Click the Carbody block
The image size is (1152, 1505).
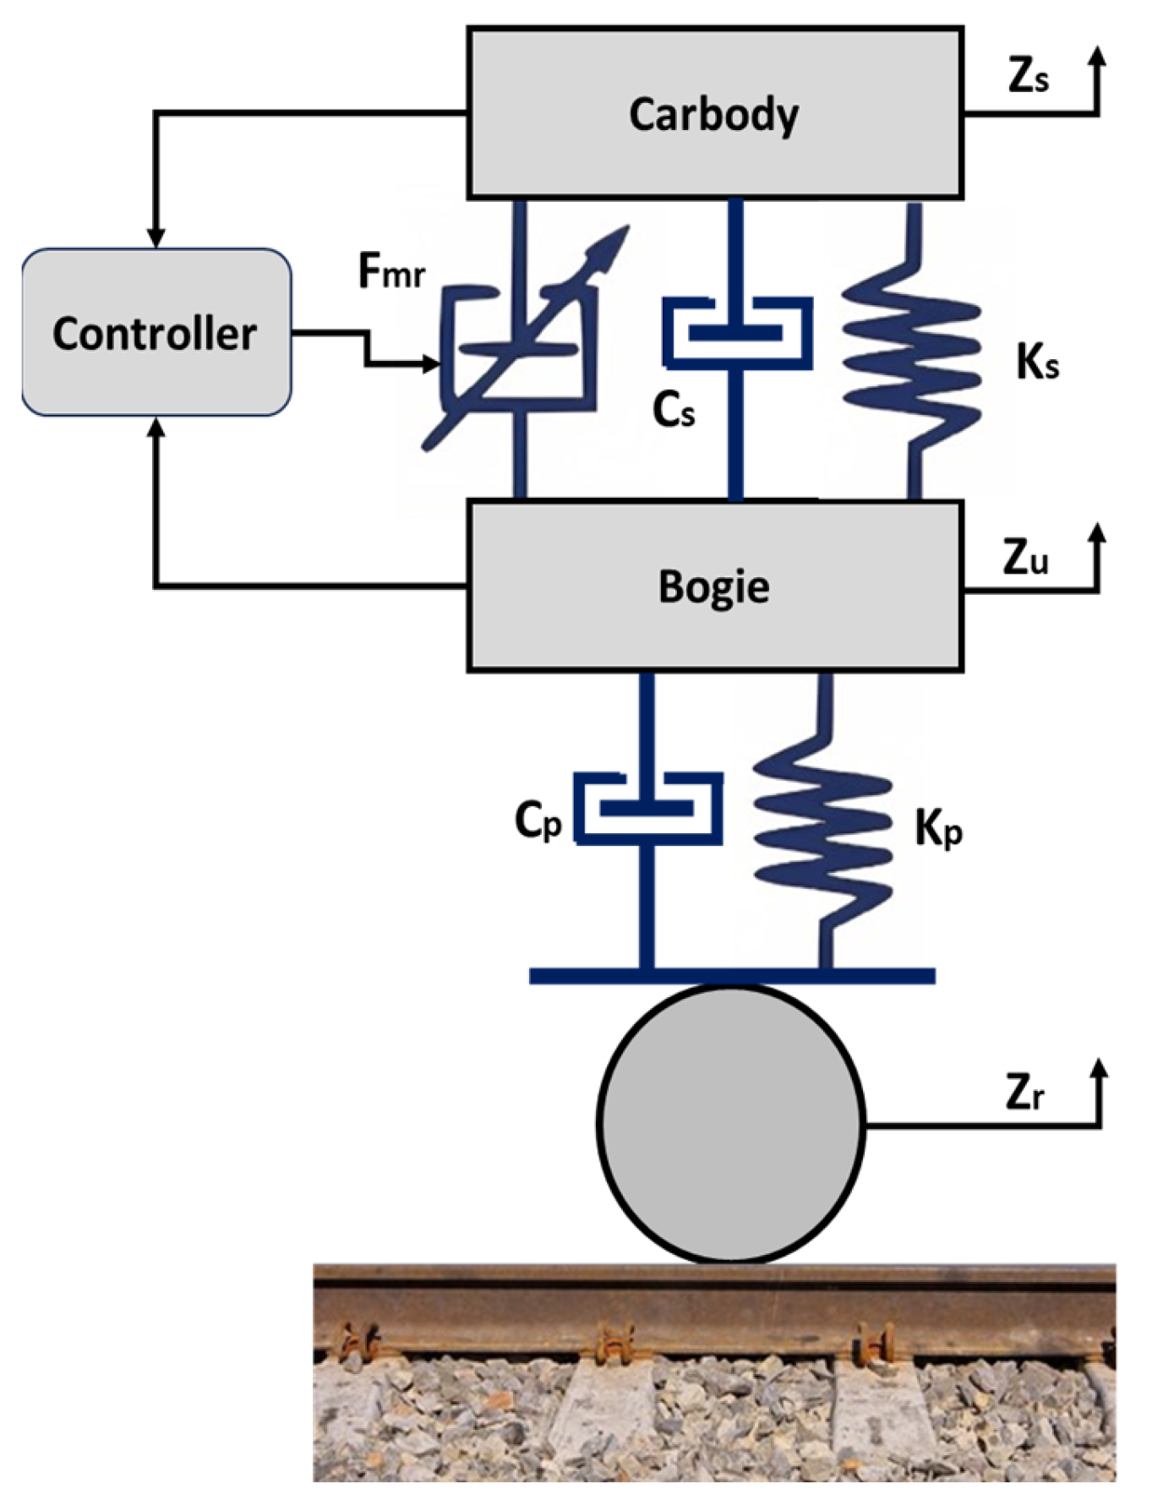click(x=715, y=113)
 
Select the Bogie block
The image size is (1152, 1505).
click(x=715, y=586)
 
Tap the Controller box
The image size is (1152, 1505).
click(x=156, y=332)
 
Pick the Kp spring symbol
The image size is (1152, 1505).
click(x=824, y=832)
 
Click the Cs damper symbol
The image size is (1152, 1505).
click(x=736, y=332)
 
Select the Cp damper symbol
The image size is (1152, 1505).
click(x=647, y=808)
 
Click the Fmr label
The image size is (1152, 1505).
click(x=390, y=272)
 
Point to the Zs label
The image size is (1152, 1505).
click(x=1028, y=77)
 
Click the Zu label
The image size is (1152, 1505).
click(x=1025, y=558)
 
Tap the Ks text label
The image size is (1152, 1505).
click(x=1036, y=363)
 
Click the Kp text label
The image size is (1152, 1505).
click(x=938, y=829)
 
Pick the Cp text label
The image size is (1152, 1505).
click(x=538, y=819)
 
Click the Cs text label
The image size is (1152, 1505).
click(x=674, y=411)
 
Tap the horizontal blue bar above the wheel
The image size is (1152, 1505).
click(x=732, y=976)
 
